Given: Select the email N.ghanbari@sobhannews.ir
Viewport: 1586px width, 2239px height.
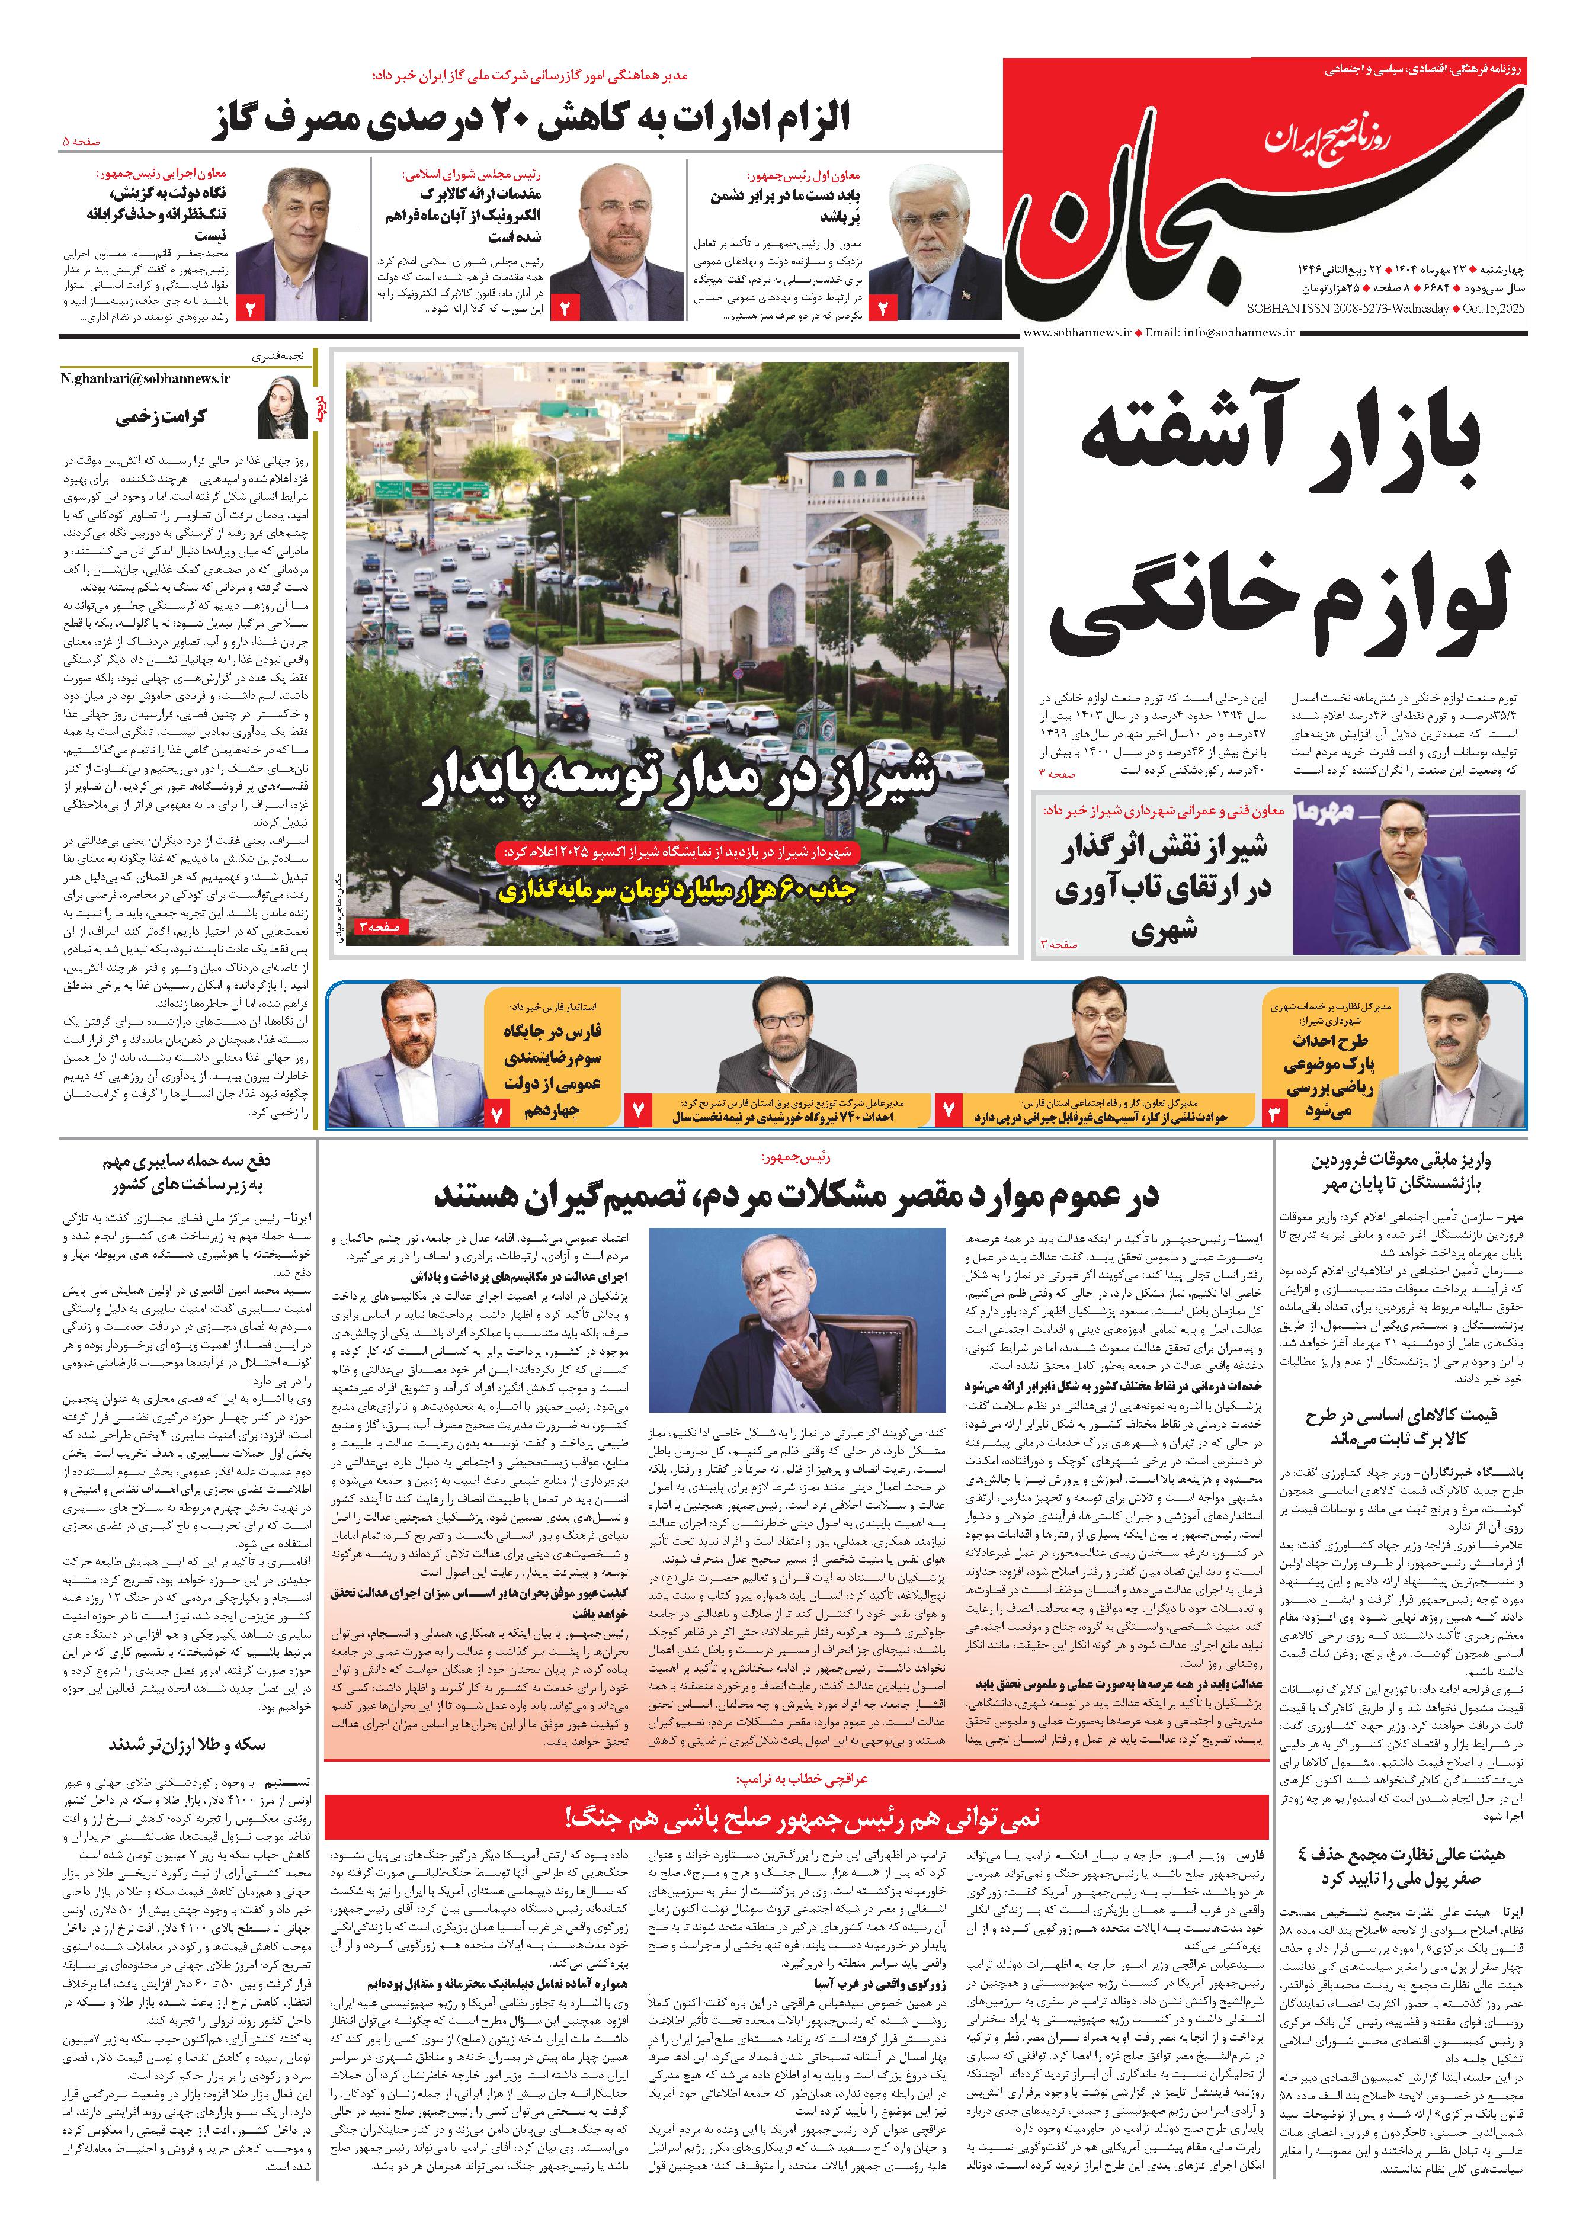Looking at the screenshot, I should click(146, 378).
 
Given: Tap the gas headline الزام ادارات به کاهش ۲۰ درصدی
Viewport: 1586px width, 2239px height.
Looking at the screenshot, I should click(532, 119).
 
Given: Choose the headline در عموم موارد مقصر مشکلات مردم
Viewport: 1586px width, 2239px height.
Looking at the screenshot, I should click(796, 1195).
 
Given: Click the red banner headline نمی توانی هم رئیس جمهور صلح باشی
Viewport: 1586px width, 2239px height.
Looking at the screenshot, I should click(796, 1818).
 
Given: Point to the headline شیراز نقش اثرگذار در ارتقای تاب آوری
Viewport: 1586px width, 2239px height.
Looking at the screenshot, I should click(1162, 888).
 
